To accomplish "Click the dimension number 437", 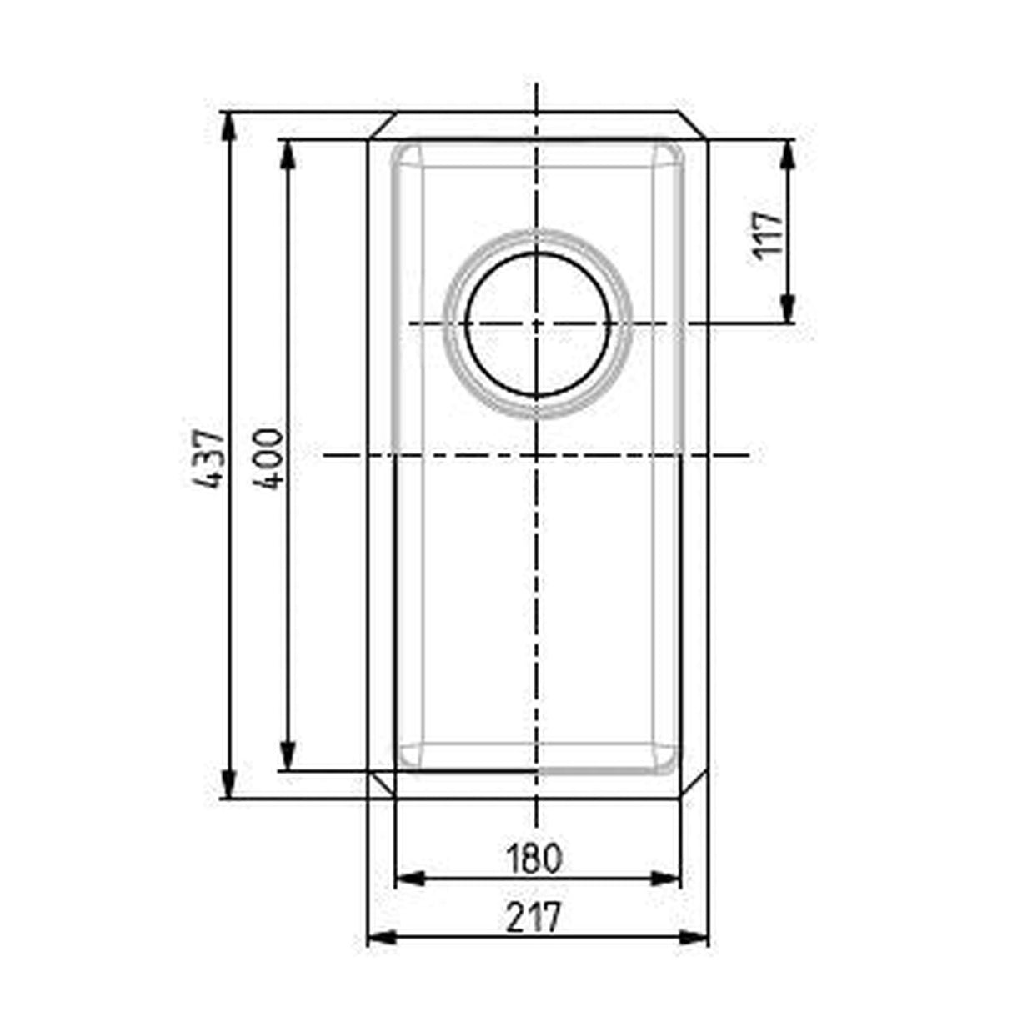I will [x=206, y=458].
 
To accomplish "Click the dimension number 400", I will [x=268, y=458].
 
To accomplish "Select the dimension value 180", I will [x=534, y=858].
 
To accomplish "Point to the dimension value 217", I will [x=534, y=918].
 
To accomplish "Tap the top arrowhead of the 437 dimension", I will [x=228, y=123].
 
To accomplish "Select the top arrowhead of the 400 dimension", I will [x=288, y=153].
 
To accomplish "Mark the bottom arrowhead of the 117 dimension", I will [x=787, y=309].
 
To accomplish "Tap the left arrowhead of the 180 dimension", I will [x=407, y=878].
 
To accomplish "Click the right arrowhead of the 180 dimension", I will [x=667, y=878].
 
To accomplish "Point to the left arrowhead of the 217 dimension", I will [x=381, y=938].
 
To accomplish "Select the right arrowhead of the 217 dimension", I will [x=694, y=938].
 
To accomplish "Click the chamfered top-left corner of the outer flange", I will [x=381, y=125].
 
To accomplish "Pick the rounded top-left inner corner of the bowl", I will [x=406, y=157].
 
